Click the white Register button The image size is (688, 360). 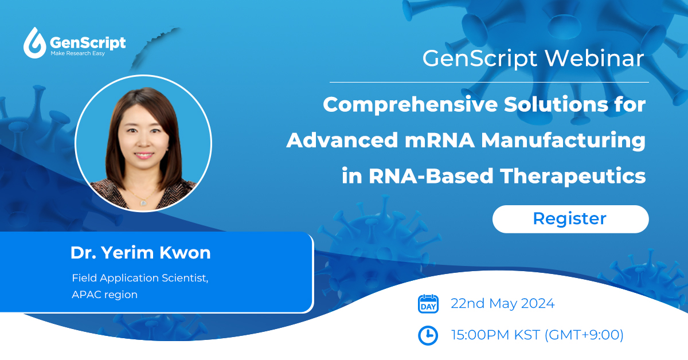coord(570,219)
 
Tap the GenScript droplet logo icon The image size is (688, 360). coord(34,43)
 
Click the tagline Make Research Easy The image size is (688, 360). coord(78,53)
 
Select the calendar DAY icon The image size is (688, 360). coord(428,304)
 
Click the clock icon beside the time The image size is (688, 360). coord(428,335)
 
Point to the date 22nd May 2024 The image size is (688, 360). coord(502,303)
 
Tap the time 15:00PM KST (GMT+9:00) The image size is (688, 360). coord(537,335)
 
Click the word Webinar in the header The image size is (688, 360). coord(595,58)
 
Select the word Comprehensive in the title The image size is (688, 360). coord(410,105)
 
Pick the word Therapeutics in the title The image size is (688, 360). coord(573,177)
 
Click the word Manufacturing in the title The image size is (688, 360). coord(563,141)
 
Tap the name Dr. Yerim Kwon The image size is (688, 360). coord(140,253)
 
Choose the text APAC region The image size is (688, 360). coord(104,295)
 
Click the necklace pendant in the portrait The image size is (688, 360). coord(143,202)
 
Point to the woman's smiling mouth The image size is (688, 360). coord(144,155)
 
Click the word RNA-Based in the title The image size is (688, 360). coord(431,177)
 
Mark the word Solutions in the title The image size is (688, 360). coord(556,104)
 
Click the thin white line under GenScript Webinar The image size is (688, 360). coord(489,83)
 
